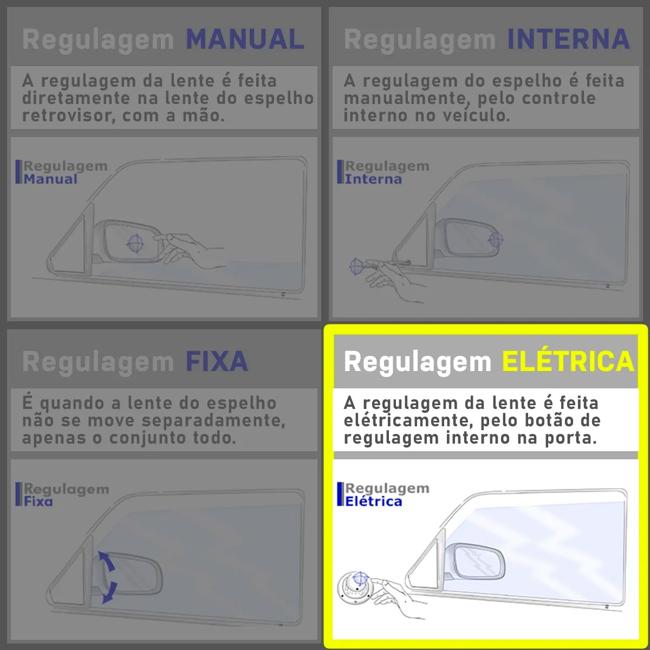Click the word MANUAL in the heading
tap(245, 40)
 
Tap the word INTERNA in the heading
tap(568, 40)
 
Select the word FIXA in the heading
tap(217, 362)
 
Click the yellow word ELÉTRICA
tap(568, 362)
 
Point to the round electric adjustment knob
tap(355, 587)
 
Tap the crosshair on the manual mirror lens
tap(135, 243)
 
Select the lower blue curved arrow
tap(109, 592)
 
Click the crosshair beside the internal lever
tap(356, 266)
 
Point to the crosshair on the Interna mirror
tap(496, 239)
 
